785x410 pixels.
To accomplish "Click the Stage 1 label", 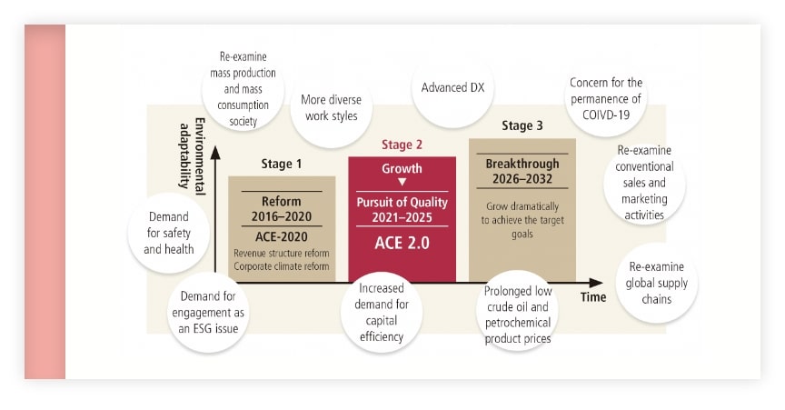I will click(x=281, y=165).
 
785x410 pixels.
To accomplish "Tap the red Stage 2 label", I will click(x=402, y=145).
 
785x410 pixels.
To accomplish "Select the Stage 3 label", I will click(x=522, y=125).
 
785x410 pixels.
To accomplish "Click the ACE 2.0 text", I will click(x=402, y=243).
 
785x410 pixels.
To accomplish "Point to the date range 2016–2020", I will click(x=281, y=215).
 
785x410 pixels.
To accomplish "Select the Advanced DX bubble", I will click(x=452, y=88).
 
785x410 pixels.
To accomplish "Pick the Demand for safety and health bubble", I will click(x=166, y=233).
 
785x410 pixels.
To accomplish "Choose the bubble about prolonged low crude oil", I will click(x=518, y=311).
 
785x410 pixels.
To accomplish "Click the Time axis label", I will click(x=593, y=297).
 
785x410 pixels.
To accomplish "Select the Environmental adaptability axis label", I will click(x=193, y=157).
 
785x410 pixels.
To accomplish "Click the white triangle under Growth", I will click(x=402, y=183).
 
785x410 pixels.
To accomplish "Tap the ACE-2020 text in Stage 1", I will click(x=281, y=235).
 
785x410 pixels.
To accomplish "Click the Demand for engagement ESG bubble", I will click(x=208, y=313).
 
